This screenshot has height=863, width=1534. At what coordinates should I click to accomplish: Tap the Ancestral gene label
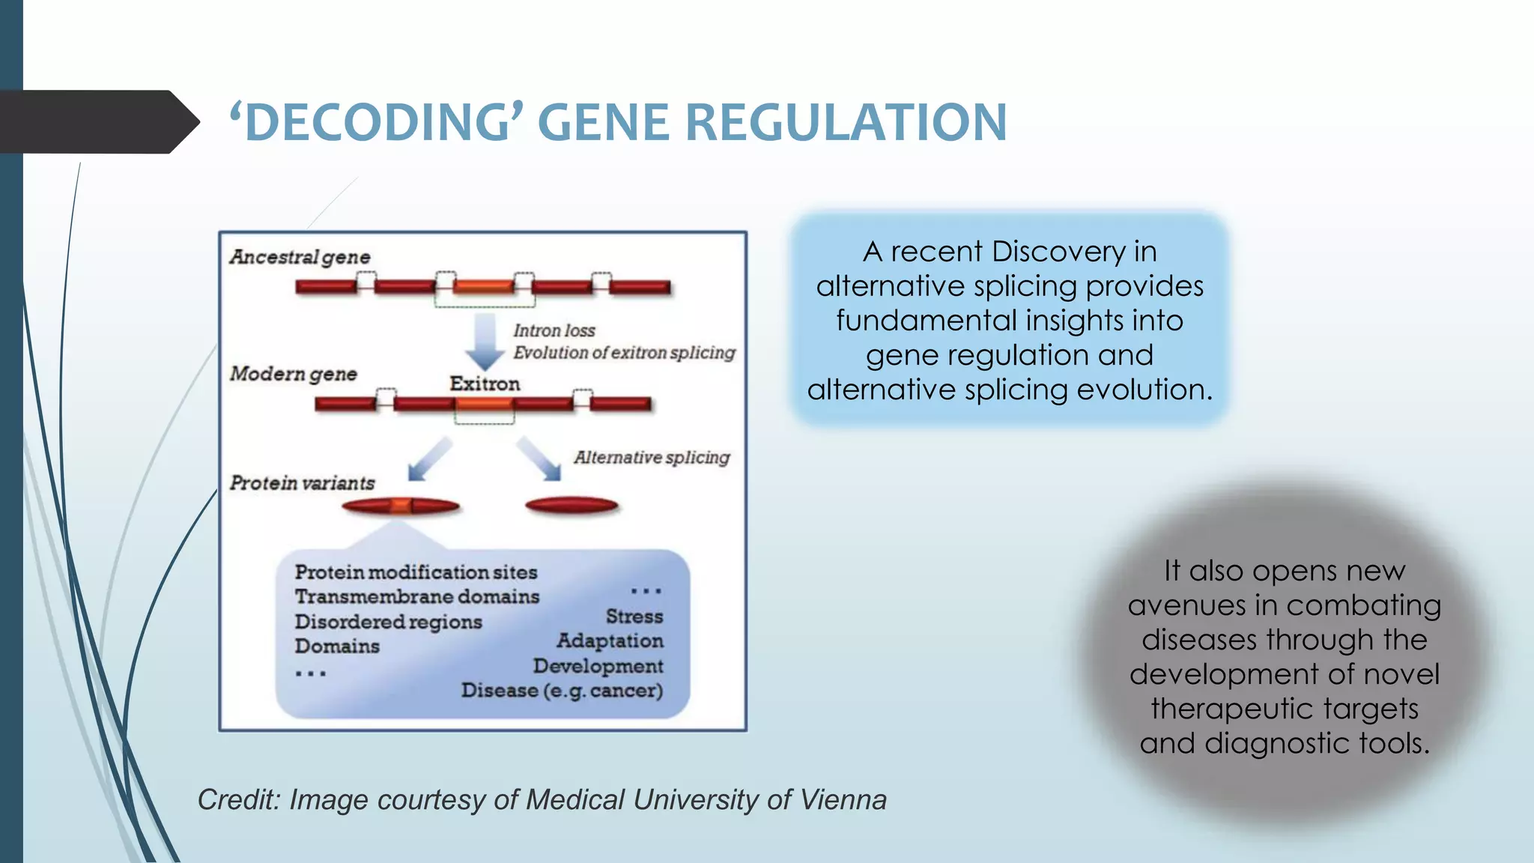pos(300,257)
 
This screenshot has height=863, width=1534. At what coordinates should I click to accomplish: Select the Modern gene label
pos(293,374)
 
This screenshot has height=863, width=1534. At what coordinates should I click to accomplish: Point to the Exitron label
pos(485,384)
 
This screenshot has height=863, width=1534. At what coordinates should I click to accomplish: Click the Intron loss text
pos(554,330)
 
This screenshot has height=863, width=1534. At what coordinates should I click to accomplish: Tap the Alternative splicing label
pos(652,457)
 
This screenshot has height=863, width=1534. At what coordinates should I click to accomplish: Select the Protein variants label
pos(302,483)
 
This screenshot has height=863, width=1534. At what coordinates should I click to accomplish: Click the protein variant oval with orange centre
pos(401,507)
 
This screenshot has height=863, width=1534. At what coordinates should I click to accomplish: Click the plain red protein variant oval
pos(572,506)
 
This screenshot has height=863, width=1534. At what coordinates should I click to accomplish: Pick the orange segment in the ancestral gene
pos(484,286)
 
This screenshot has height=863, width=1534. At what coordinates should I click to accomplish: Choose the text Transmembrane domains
pos(416,597)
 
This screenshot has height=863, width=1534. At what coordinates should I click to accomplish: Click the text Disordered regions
pos(388,622)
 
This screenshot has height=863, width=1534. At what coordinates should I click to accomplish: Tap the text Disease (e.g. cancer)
pos(562,690)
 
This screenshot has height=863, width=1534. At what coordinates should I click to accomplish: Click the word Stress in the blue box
pos(634,617)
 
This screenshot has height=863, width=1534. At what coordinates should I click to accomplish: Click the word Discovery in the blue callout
pos(1045,252)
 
